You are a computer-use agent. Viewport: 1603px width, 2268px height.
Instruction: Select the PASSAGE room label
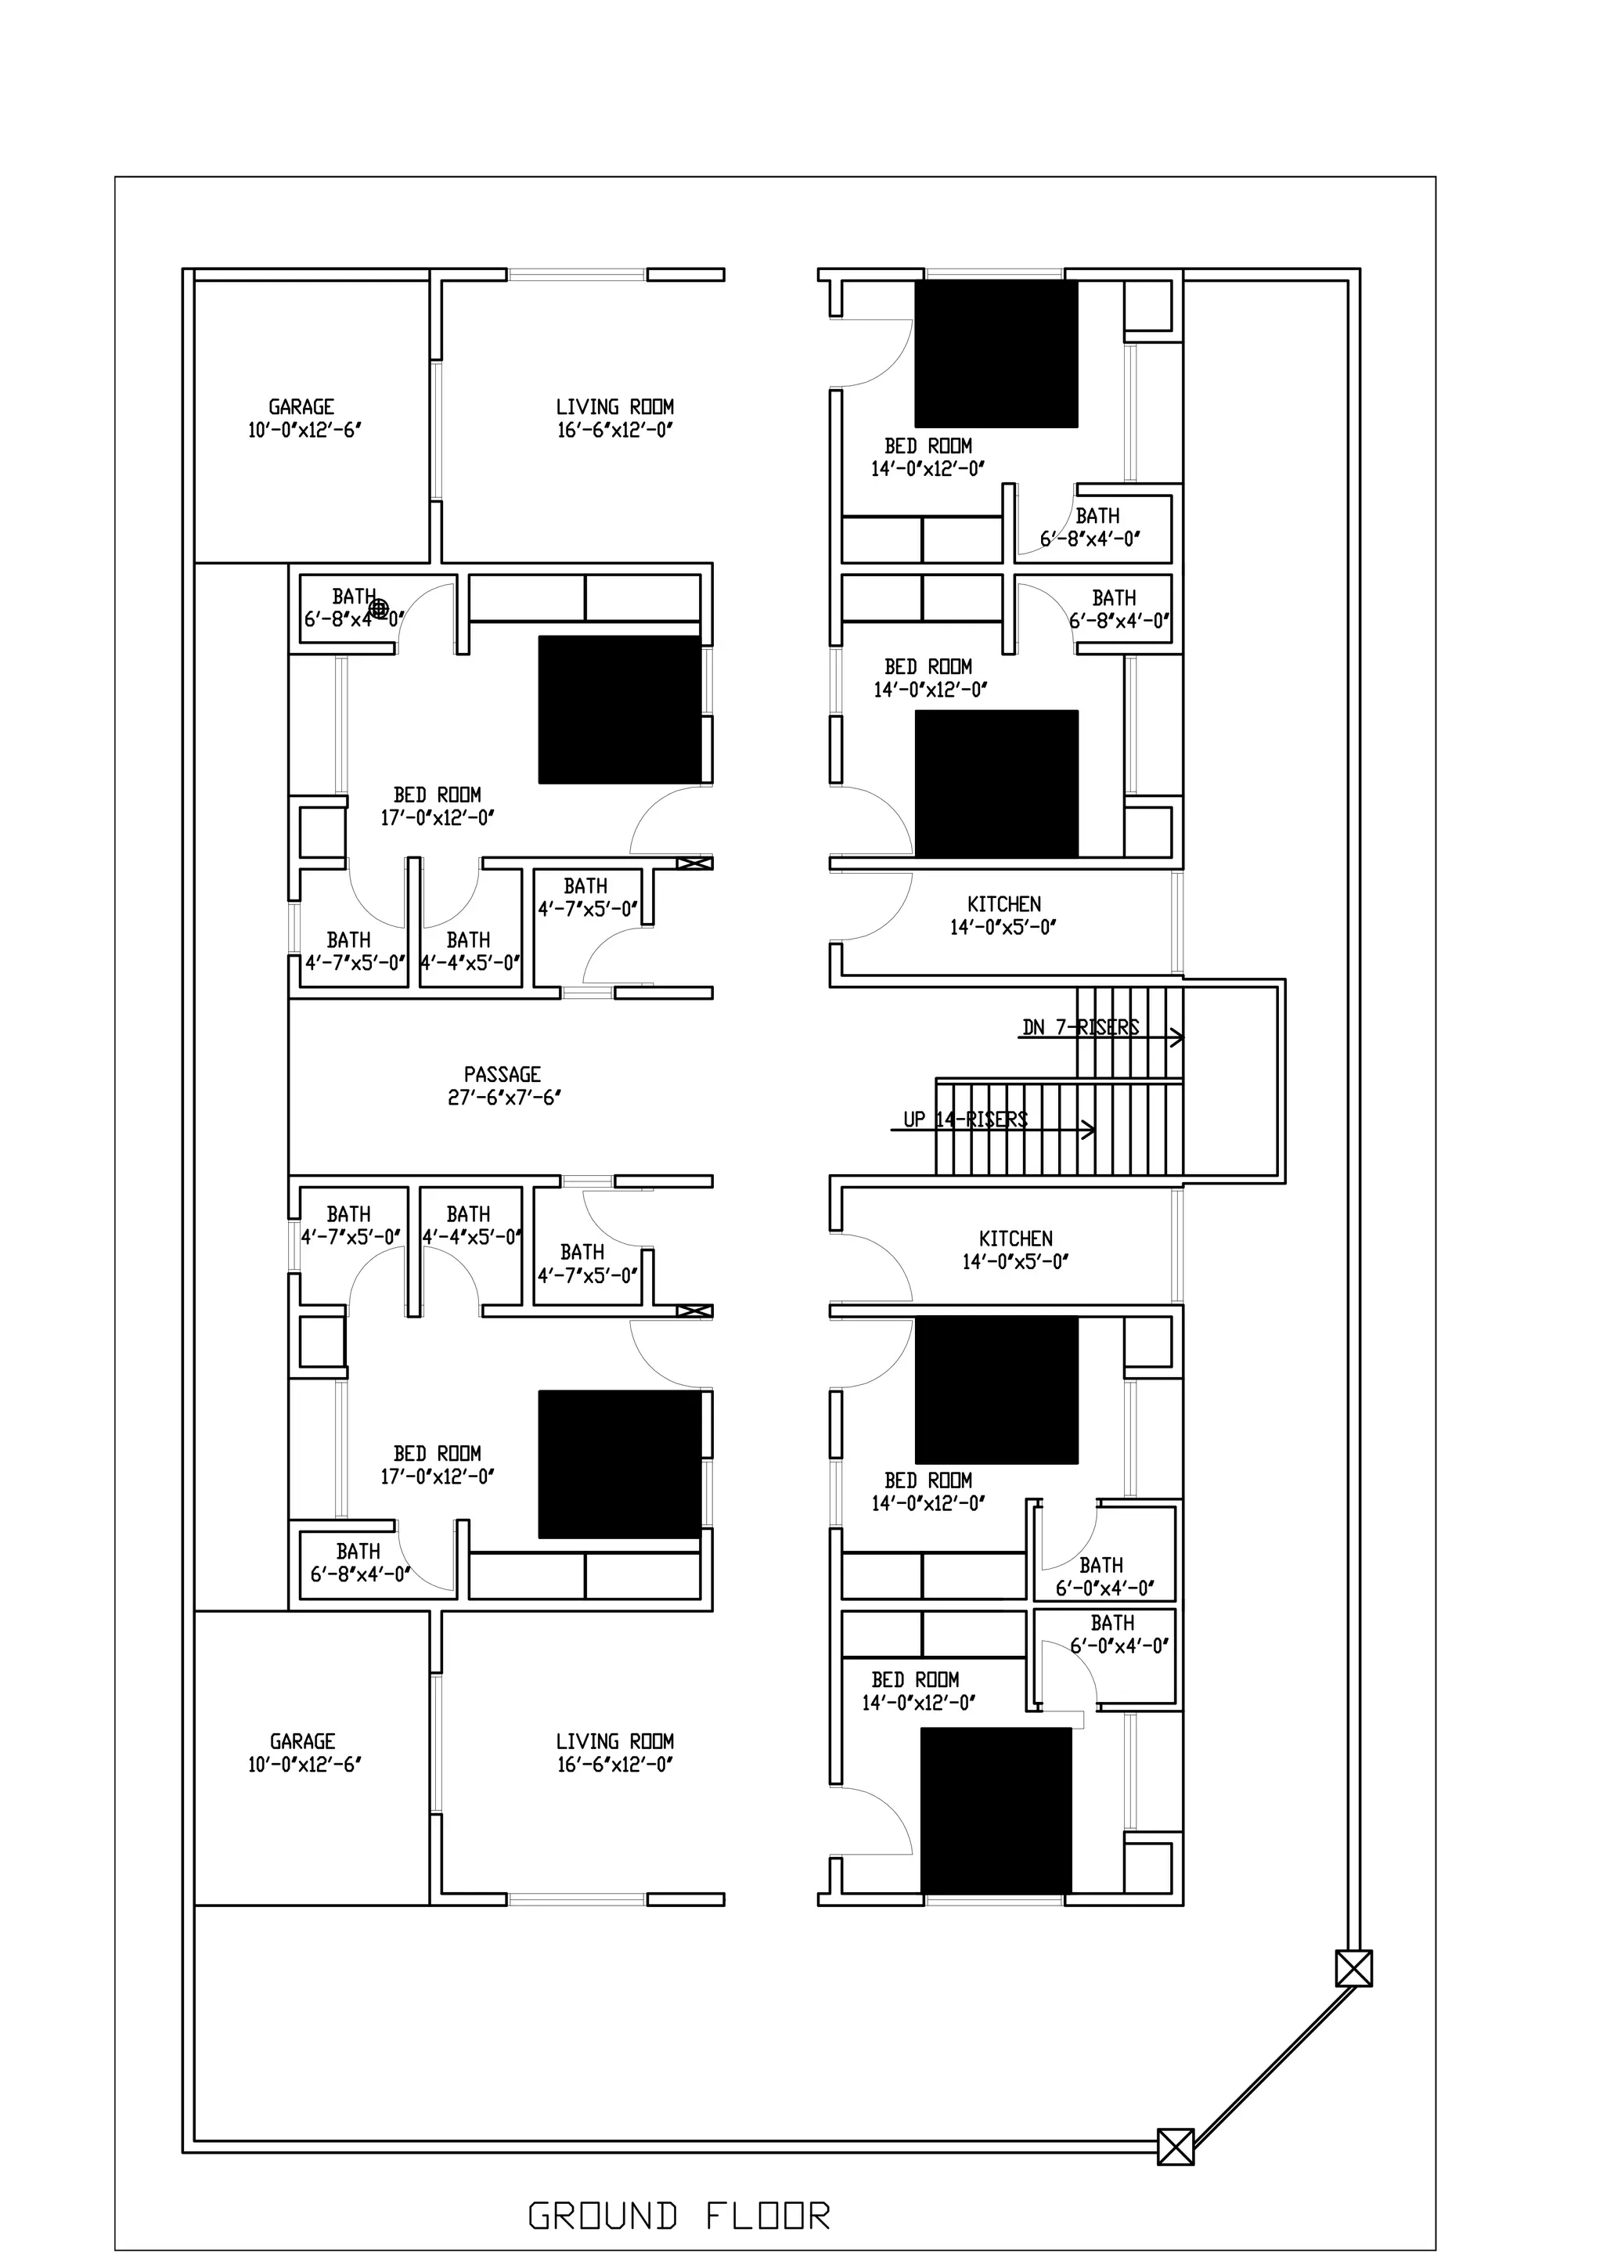click(503, 1074)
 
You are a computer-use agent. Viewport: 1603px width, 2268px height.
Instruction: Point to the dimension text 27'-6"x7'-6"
click(505, 1098)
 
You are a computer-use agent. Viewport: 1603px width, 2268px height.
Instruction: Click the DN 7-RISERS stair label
click(1080, 1027)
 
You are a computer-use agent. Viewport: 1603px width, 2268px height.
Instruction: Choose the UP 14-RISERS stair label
click(965, 1120)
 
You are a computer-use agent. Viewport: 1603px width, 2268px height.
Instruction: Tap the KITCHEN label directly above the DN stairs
click(1003, 904)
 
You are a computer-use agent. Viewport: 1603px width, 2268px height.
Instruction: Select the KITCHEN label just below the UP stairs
click(1015, 1238)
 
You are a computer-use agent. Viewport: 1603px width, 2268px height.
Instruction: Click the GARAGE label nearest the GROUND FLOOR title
click(302, 1741)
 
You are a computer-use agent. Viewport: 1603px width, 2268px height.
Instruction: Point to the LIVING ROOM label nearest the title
click(614, 1741)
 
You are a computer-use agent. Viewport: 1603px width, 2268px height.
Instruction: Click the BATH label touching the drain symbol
click(354, 597)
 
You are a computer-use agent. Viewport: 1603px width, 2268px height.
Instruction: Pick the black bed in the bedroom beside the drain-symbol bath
click(619, 709)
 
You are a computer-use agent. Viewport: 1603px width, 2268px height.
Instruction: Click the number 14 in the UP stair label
click(946, 1120)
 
